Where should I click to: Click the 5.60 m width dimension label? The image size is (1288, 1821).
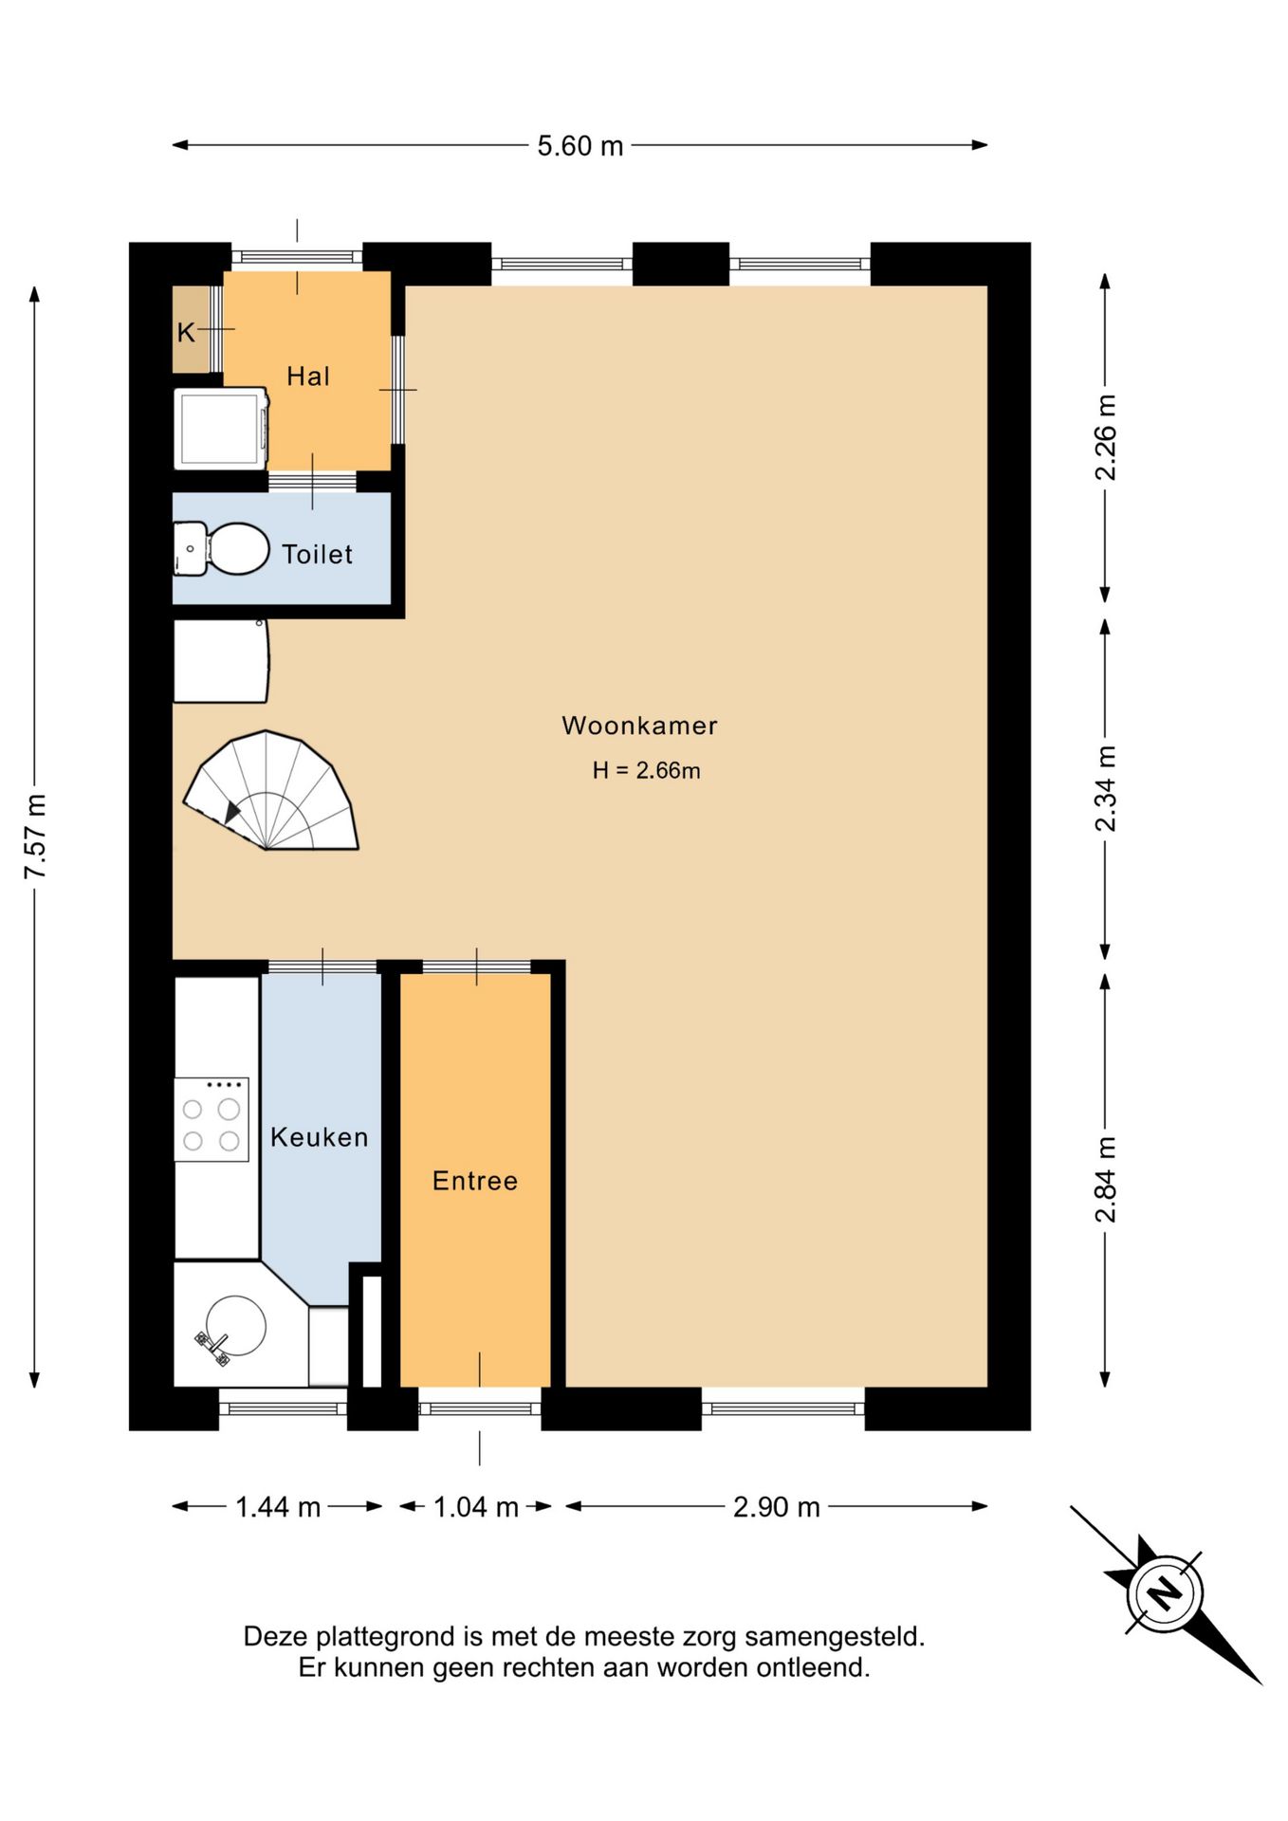pos(580,146)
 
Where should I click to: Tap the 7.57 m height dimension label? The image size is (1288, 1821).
pos(36,836)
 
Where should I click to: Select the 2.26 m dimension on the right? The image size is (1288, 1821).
pos(1106,437)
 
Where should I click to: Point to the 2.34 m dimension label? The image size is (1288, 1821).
pos(1106,789)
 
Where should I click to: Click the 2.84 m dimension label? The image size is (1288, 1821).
pos(1106,1179)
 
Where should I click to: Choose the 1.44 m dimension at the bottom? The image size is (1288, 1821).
pos(278,1507)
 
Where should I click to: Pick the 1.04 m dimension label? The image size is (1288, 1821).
pos(476,1507)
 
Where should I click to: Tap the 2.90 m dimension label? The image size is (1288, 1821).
pos(777,1507)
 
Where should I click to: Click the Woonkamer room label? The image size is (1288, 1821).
pos(639,726)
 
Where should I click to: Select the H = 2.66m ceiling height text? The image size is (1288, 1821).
pos(646,770)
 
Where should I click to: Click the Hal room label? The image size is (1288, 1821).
pos(308,377)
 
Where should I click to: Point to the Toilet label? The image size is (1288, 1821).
pos(317,554)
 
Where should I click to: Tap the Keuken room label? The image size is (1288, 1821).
pos(319,1137)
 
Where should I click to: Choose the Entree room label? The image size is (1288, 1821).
pos(475,1181)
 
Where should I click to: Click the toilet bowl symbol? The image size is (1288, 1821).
pos(238,549)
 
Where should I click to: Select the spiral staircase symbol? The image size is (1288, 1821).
pos(270,790)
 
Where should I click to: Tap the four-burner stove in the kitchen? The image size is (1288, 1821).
pos(212,1119)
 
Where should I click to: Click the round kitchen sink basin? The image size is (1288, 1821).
pos(236,1325)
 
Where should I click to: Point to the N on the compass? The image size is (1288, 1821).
pos(1165,1592)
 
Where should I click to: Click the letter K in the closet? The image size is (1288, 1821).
pos(186,332)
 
